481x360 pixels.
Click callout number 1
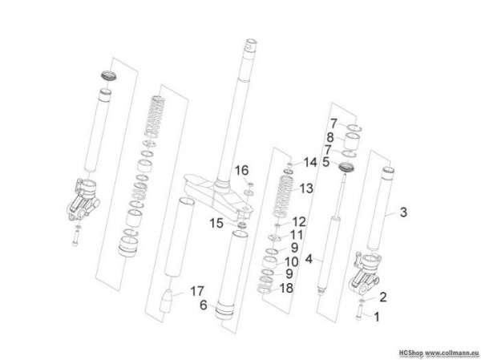click(x=377, y=317)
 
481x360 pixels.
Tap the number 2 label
click(x=383, y=297)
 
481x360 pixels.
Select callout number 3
click(x=403, y=212)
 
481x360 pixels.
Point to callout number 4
click(x=309, y=259)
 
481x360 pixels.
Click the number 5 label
click(x=326, y=162)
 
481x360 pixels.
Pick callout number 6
click(x=203, y=305)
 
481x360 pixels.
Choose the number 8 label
click(x=330, y=137)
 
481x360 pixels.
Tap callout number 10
click(x=291, y=262)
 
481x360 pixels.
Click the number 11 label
click(x=297, y=235)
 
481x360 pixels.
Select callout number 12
click(x=299, y=221)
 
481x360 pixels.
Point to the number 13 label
click(x=306, y=188)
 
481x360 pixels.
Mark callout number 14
click(x=309, y=162)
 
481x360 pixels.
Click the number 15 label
click(x=216, y=223)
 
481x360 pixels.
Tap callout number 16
click(x=242, y=170)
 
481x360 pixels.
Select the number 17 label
click(x=197, y=291)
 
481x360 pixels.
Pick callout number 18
click(x=286, y=288)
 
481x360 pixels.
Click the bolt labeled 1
click(x=359, y=313)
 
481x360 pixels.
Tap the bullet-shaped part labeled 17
click(x=166, y=301)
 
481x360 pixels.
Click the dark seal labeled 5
click(x=346, y=168)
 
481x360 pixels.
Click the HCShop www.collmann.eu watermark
click(x=439, y=352)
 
